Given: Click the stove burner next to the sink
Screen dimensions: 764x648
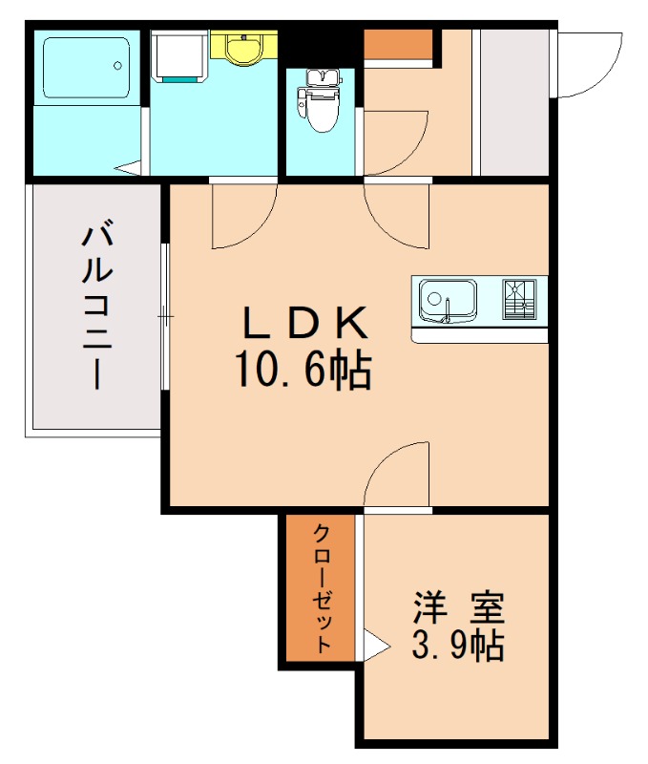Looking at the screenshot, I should click(519, 300).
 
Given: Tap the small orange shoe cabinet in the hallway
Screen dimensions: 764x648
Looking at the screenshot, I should click(398, 45).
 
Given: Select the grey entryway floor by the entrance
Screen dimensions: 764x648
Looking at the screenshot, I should click(512, 105).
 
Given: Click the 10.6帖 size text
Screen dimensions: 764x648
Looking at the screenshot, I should click(303, 370).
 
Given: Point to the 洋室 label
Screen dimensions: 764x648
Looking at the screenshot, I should click(457, 605).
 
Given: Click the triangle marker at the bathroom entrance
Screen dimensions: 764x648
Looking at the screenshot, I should click(129, 169).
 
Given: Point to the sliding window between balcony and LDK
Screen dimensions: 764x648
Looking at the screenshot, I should click(166, 315).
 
